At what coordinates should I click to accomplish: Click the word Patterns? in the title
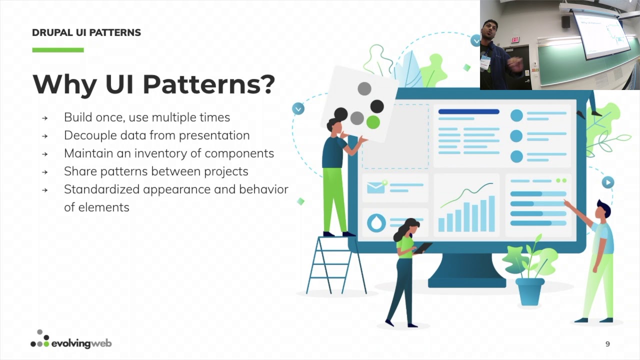(x=208, y=84)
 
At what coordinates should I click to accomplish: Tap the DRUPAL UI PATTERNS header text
(x=86, y=33)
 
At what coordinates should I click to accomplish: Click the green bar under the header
(x=58, y=50)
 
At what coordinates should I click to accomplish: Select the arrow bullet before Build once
(x=45, y=118)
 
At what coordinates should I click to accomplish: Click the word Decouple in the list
(x=88, y=135)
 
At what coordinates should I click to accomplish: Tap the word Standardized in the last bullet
(x=101, y=189)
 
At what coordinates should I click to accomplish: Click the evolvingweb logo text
(x=81, y=343)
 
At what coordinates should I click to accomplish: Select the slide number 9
(x=607, y=344)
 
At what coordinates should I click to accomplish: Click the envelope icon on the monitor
(x=376, y=187)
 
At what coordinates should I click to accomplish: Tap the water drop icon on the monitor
(x=376, y=222)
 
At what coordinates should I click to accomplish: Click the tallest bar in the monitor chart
(x=492, y=213)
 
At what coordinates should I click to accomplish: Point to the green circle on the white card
(x=373, y=121)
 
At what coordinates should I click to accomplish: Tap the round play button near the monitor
(x=607, y=182)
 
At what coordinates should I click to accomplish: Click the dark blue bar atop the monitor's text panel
(x=468, y=111)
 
